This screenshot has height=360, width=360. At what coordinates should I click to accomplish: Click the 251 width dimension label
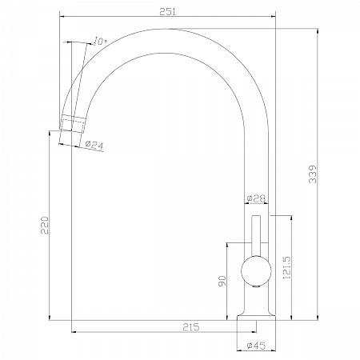pos(167,12)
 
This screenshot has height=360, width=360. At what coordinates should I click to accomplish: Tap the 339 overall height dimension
pos(312,174)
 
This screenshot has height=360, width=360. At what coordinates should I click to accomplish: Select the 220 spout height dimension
pos(45,226)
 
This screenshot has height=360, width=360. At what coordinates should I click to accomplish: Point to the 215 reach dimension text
pos(191,327)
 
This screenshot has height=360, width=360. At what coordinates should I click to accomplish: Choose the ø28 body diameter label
pos(256,198)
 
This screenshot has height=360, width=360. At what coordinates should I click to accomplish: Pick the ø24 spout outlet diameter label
pos(94,145)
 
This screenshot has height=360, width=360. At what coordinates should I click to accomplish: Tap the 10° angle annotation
pos(100,41)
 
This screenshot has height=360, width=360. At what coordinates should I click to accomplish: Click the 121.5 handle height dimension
pos(286,268)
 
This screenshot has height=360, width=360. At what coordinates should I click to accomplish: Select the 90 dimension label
pos(222,281)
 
